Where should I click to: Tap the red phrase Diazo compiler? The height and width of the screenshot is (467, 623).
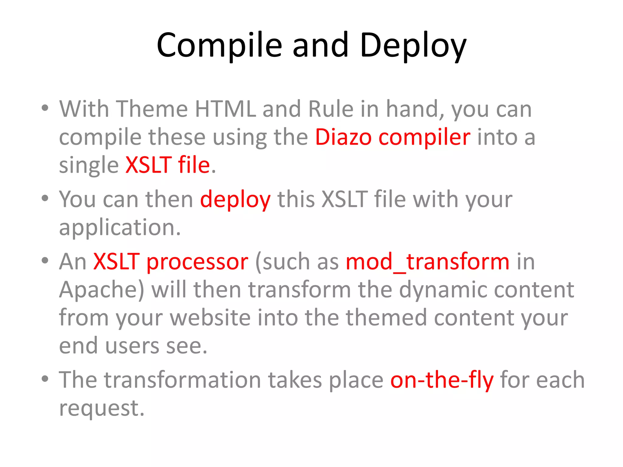[x=392, y=137]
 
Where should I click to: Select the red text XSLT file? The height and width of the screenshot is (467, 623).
[x=168, y=165]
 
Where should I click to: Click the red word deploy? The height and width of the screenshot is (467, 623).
[x=235, y=200]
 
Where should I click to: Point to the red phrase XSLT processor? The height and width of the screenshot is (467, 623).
[x=171, y=262]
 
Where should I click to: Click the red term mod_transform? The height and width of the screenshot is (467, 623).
[x=427, y=262]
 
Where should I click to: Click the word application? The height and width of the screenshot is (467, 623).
[x=120, y=228]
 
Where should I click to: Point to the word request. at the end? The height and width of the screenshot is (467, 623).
[x=102, y=408]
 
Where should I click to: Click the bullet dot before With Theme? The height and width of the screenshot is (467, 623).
[x=45, y=108]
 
